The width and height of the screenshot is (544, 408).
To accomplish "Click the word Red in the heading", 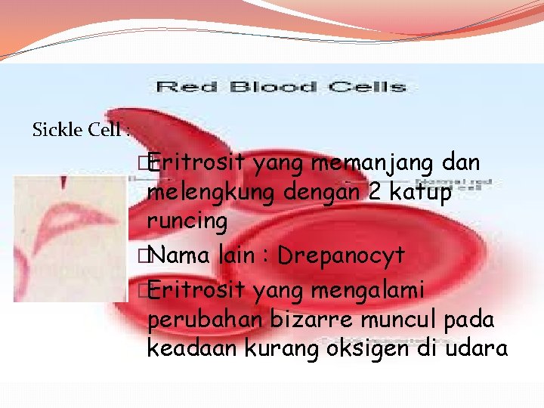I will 181,87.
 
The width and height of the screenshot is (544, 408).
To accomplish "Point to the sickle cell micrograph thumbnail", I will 70,239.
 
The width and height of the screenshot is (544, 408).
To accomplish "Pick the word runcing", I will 187,222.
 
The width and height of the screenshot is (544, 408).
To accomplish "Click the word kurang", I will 271,350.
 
